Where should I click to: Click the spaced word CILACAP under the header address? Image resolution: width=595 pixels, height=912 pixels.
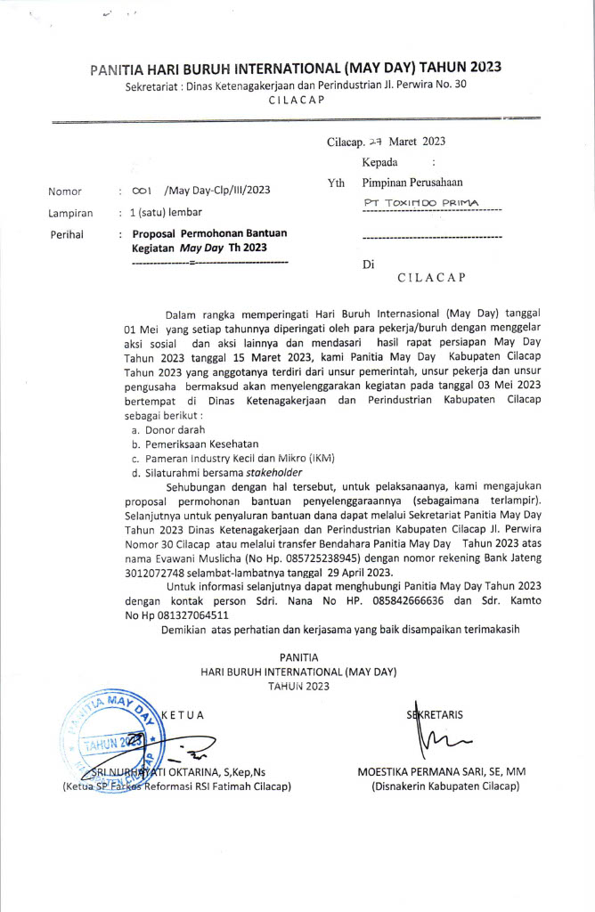(297, 101)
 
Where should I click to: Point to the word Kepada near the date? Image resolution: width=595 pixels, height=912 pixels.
(379, 163)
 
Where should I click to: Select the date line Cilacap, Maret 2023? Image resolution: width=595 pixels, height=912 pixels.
(386, 142)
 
